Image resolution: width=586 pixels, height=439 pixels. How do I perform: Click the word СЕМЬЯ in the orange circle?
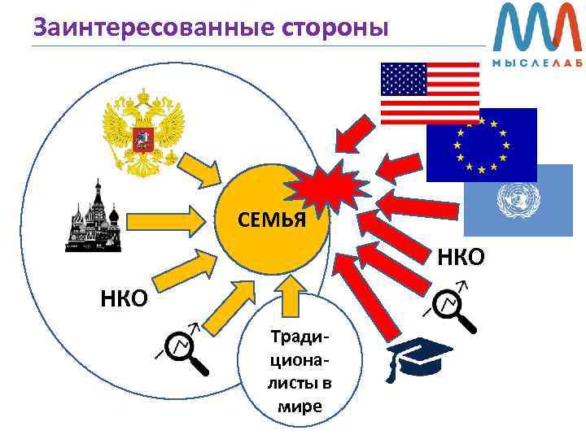[271, 219]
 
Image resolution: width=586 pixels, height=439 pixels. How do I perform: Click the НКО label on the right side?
[461, 258]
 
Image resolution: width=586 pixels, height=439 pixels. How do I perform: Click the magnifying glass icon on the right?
[452, 307]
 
